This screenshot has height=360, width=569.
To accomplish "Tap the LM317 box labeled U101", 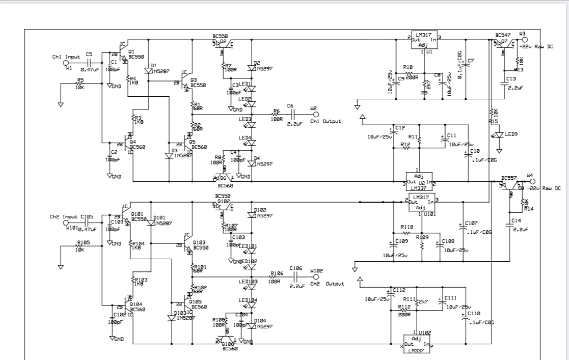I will click(x=424, y=203).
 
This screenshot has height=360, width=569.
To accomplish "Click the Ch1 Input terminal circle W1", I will click(x=66, y=63).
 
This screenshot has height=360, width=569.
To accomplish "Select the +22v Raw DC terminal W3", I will click(x=524, y=39).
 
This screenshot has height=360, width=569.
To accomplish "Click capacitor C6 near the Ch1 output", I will click(x=291, y=115).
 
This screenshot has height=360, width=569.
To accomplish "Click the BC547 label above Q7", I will click(x=502, y=35).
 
